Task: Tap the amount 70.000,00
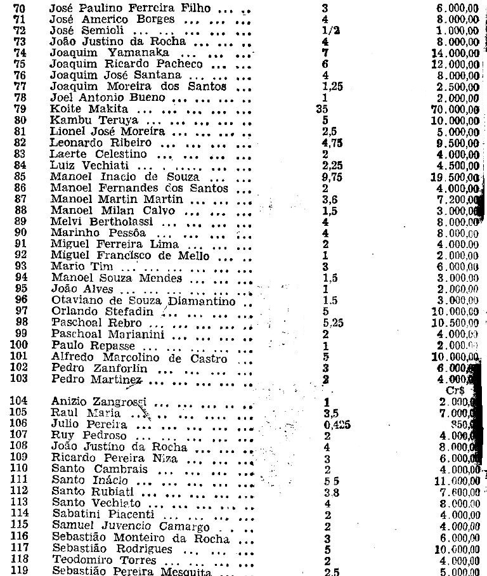[454, 110]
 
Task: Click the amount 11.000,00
[454, 481]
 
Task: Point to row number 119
[16, 572]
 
